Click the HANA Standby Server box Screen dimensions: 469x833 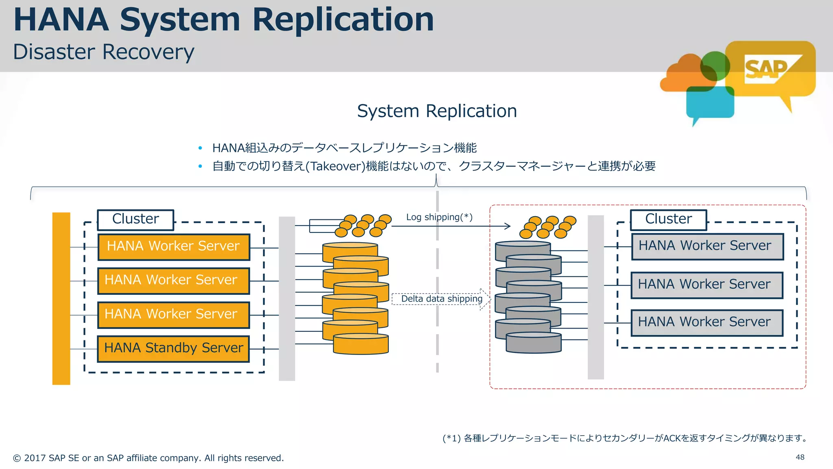[173, 348]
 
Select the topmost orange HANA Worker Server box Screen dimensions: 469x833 [174, 247]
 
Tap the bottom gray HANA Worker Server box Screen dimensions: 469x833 [707, 322]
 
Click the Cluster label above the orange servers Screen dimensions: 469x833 [135, 219]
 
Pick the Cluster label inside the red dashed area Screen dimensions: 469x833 [668, 219]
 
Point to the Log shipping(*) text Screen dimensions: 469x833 [439, 217]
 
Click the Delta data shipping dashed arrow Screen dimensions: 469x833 [442, 299]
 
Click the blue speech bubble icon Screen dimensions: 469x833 [709, 104]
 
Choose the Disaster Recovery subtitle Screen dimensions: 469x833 [104, 52]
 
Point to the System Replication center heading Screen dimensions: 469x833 [437, 111]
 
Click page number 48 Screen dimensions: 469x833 [800, 457]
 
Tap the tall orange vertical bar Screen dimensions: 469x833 [61, 298]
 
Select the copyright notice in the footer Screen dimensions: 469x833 [148, 458]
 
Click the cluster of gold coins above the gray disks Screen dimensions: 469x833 [547, 227]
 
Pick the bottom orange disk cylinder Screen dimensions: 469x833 [361, 344]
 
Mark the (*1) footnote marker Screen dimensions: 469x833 [451, 438]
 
